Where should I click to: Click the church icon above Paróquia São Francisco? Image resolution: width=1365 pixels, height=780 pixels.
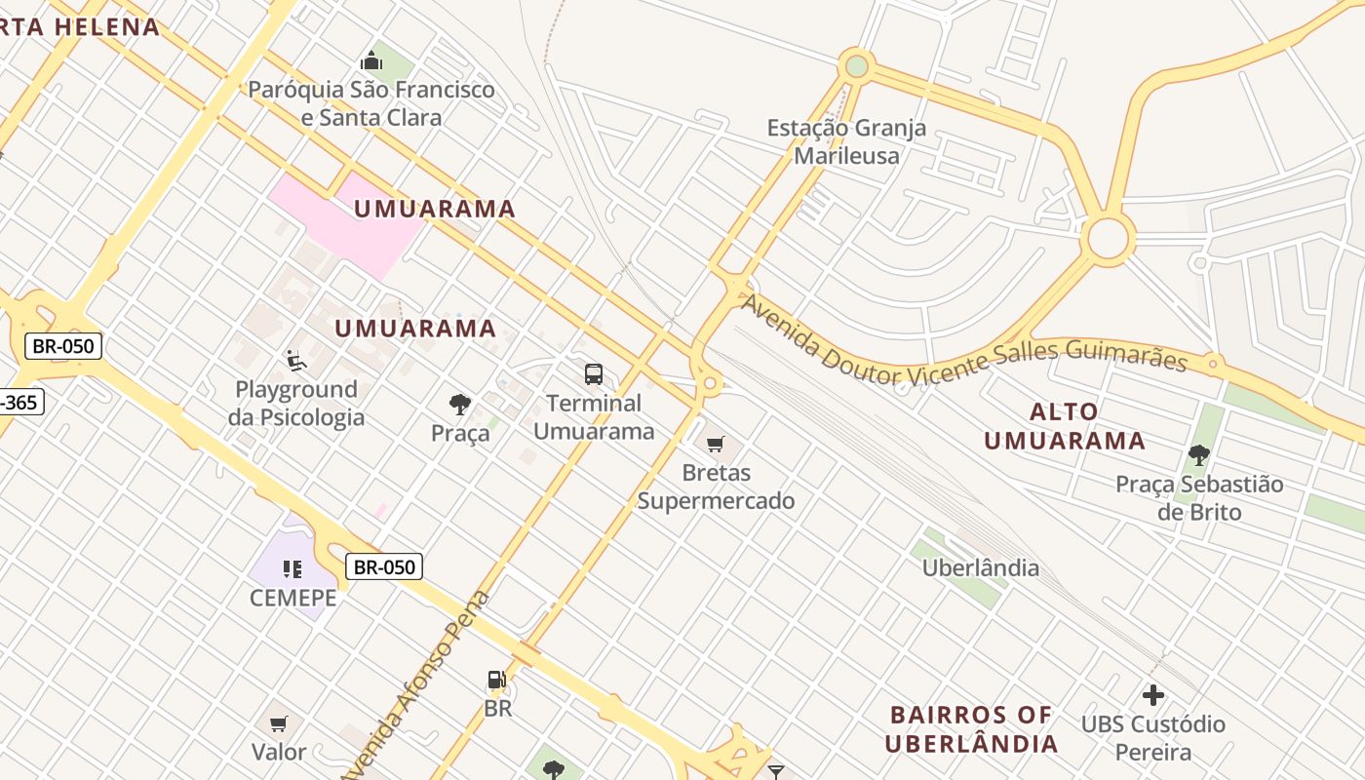click(x=370, y=61)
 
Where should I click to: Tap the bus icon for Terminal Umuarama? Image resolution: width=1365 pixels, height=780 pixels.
click(x=593, y=373)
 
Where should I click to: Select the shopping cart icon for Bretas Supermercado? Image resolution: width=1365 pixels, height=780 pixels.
click(x=716, y=445)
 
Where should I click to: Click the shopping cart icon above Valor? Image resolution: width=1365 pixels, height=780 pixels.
click(x=279, y=723)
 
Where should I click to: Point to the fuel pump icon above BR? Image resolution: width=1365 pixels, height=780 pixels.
click(x=497, y=680)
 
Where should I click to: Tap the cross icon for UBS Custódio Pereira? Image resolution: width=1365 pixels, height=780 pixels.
click(x=1153, y=695)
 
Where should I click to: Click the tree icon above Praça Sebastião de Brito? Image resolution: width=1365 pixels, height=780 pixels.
click(x=1198, y=455)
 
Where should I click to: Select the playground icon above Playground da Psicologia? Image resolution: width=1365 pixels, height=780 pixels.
click(x=295, y=361)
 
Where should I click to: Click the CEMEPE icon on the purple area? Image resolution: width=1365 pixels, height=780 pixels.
click(x=292, y=568)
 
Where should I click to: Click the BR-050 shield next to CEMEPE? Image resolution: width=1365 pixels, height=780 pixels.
click(x=384, y=566)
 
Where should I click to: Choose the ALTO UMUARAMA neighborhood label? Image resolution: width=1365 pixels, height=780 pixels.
click(x=1064, y=426)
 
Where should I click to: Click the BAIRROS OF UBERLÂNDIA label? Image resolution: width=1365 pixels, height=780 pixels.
click(x=971, y=729)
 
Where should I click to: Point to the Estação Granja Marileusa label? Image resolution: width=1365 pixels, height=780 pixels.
click(x=846, y=141)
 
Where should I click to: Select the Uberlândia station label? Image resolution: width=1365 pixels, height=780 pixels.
click(x=980, y=567)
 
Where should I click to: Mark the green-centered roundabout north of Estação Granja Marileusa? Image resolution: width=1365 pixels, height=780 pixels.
click(x=856, y=66)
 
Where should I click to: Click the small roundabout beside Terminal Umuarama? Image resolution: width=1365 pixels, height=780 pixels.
click(x=710, y=384)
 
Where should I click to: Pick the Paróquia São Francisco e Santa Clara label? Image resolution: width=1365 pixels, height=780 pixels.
click(x=370, y=103)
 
